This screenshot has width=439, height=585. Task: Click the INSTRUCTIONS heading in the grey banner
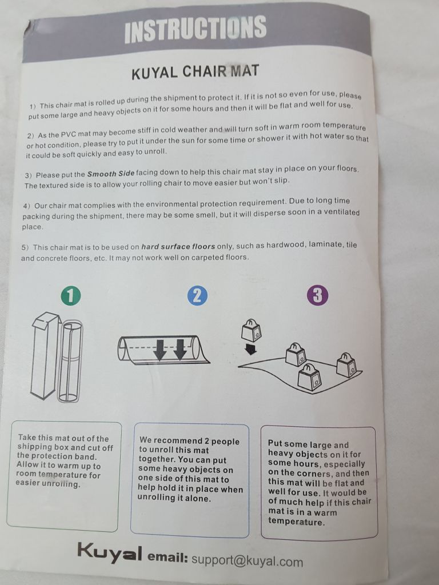click(x=195, y=29)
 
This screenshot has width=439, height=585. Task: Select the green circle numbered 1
click(x=70, y=295)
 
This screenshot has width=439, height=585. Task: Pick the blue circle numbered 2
click(x=197, y=295)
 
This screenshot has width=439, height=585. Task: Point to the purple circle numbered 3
click(x=318, y=296)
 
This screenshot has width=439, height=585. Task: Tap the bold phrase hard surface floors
click(x=178, y=247)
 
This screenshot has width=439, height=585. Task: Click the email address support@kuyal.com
click(x=247, y=560)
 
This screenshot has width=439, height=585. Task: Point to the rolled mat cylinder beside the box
click(x=70, y=361)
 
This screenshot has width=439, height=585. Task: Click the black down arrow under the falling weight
click(x=250, y=349)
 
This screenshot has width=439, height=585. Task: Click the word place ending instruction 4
click(x=33, y=227)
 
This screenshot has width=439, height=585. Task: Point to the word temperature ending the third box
click(x=297, y=522)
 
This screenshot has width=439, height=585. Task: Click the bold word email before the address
click(x=167, y=557)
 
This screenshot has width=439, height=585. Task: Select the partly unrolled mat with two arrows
click(x=163, y=350)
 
